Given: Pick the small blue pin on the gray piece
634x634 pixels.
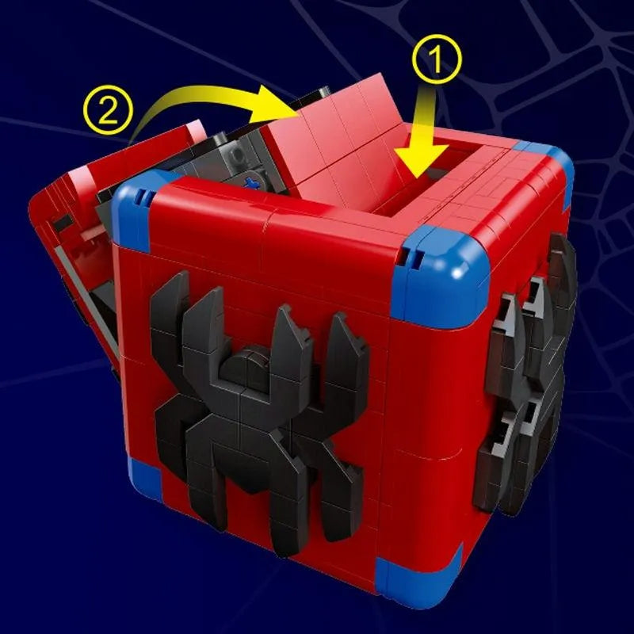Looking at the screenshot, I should (253, 183).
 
